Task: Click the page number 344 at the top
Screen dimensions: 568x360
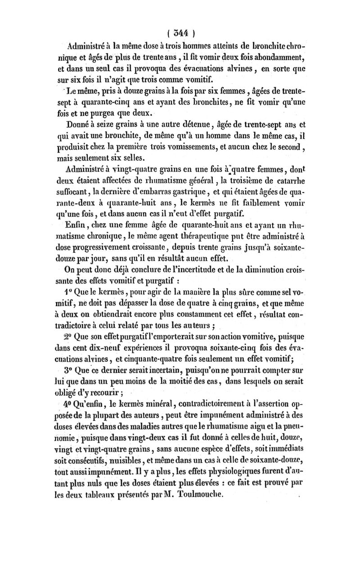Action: coord(180,32)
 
